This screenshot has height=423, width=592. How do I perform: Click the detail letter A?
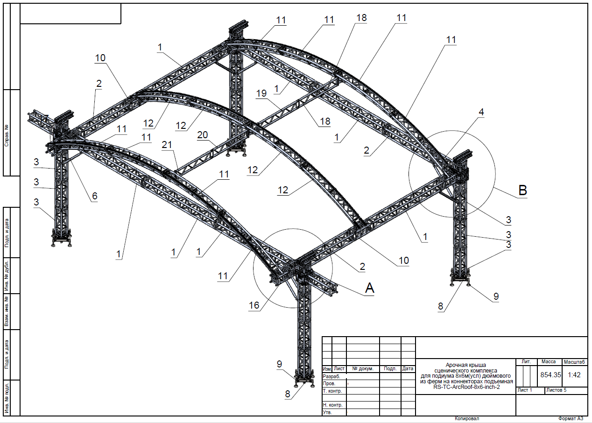369,288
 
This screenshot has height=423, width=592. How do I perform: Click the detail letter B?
522,190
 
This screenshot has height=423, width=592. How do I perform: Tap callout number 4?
481,112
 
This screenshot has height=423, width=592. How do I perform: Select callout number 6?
95,196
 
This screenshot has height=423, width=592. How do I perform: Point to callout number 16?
254,305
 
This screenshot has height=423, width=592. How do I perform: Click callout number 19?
261,93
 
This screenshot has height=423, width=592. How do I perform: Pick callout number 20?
203,135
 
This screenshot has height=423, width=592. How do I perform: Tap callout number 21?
167,145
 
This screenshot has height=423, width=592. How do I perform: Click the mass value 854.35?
550,374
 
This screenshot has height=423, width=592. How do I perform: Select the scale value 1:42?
574,374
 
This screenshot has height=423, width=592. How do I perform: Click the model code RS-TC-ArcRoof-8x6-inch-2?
466,387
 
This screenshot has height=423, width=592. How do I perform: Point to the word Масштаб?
574,362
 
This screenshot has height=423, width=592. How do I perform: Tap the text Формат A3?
571,418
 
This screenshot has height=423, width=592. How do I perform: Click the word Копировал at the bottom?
467,418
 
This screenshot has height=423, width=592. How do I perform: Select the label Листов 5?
556,390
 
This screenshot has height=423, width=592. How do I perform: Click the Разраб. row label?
331,376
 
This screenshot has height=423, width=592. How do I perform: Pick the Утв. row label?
327,412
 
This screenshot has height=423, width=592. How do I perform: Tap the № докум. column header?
363,368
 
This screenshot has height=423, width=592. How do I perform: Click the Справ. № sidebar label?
7,135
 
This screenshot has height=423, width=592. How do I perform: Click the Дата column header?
408,368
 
